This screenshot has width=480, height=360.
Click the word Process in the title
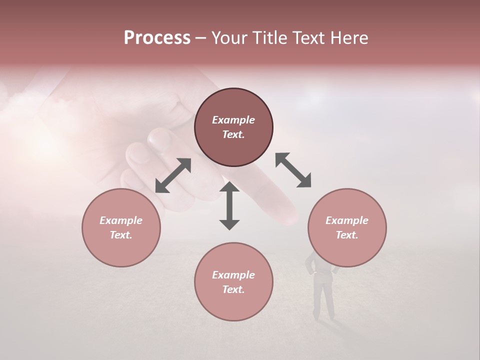(157, 38)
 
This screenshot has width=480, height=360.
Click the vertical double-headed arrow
(229, 205)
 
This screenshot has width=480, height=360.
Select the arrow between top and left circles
(173, 175)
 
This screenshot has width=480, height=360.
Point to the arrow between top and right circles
(293, 170)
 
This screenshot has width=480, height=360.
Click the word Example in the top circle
(233, 120)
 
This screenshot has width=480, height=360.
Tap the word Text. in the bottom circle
(233, 289)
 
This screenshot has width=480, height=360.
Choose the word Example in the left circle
(121, 220)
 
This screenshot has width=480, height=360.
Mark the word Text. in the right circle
(347, 235)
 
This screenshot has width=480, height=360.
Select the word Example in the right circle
(347, 220)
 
